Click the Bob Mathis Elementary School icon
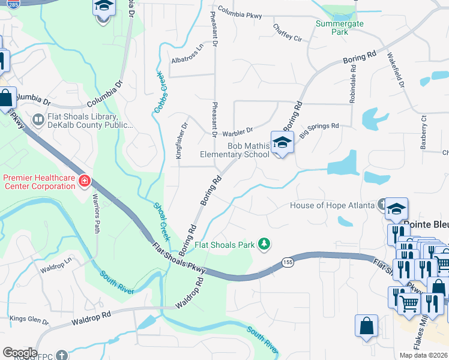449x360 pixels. click(281, 143)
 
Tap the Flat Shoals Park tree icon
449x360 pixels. click(263, 244)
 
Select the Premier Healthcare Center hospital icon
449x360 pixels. click(85, 181)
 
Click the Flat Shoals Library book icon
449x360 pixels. click(38, 120)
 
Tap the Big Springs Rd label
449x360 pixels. click(319, 127)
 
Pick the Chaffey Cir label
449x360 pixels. click(287, 32)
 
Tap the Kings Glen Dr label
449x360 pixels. click(25, 317)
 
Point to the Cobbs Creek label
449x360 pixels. click(160, 92)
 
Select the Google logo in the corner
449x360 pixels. click(20, 352)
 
